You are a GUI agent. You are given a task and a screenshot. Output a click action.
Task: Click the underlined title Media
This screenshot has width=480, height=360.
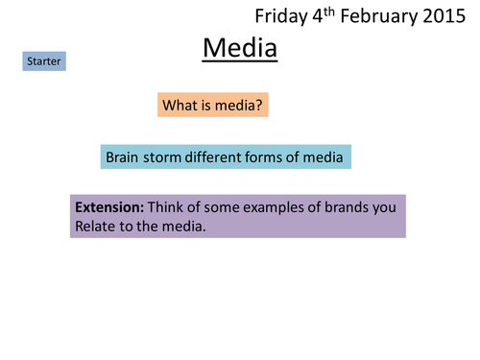[239, 47]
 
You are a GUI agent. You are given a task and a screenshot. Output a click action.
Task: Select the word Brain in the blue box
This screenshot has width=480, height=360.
[124, 156]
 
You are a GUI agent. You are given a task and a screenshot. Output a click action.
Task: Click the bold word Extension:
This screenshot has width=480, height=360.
[109, 207]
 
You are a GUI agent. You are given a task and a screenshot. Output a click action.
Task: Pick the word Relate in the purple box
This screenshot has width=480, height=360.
[96, 227]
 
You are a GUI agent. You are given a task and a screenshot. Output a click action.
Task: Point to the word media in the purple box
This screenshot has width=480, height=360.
[185, 227]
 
